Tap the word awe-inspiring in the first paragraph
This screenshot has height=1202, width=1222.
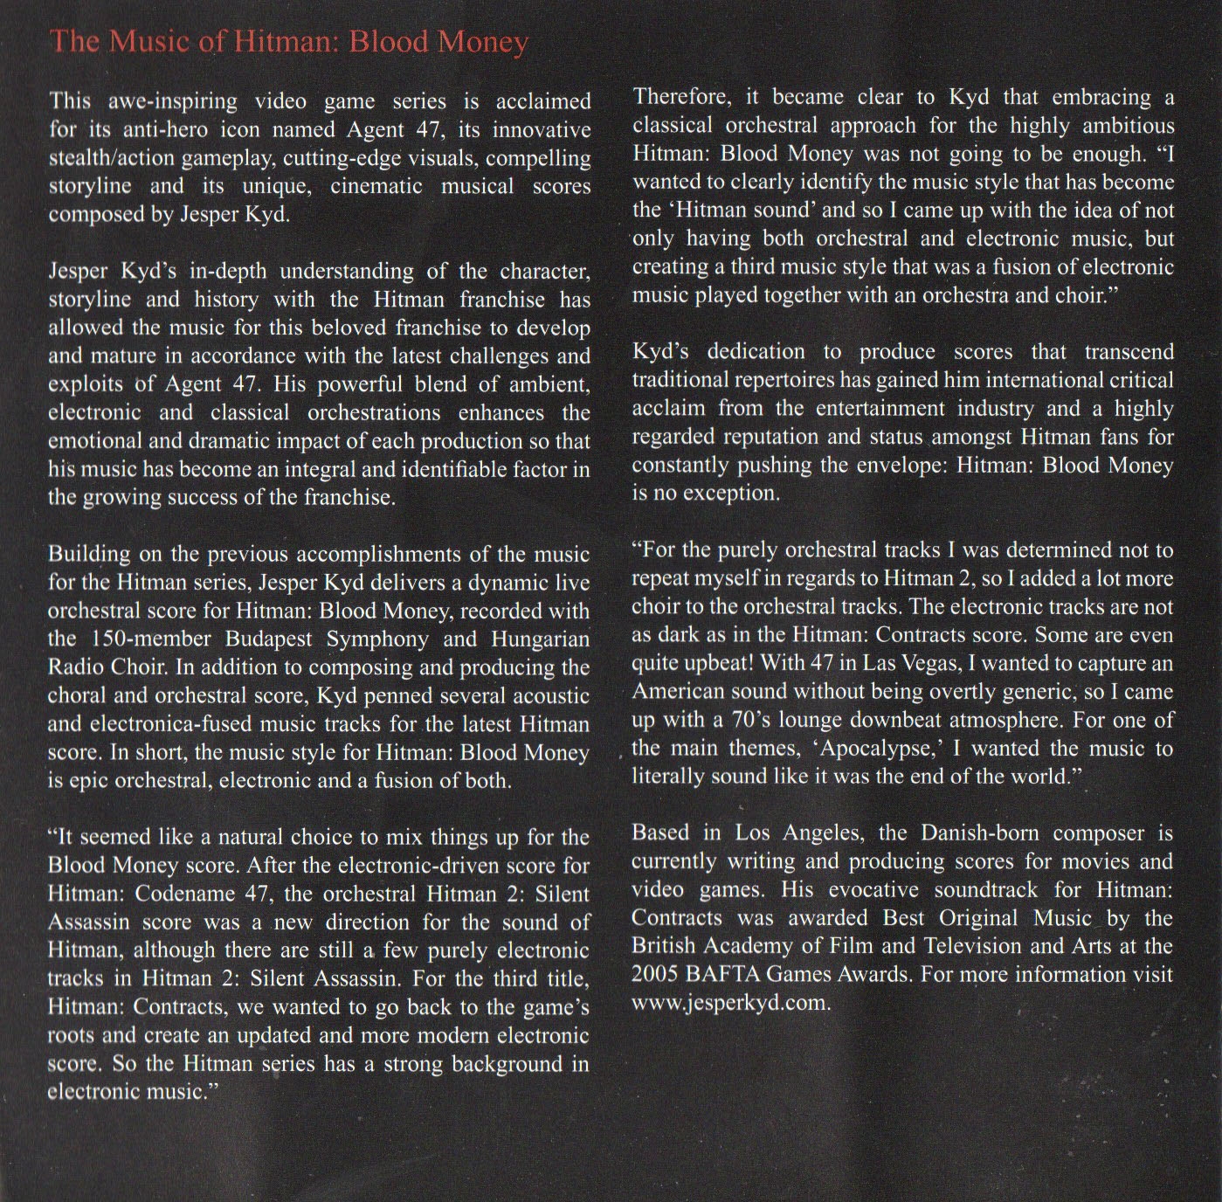click(165, 101)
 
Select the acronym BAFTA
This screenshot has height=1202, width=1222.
click(734, 975)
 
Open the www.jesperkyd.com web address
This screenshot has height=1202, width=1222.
click(730, 1003)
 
